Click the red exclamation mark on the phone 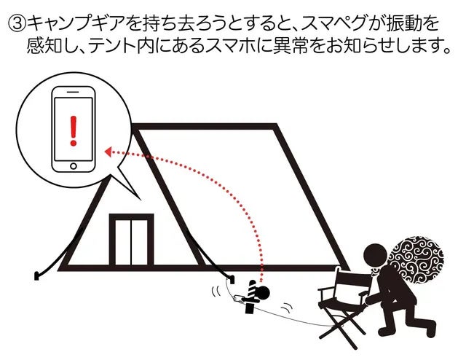click(71, 131)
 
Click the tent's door click(132, 241)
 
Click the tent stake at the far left click(36, 275)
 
